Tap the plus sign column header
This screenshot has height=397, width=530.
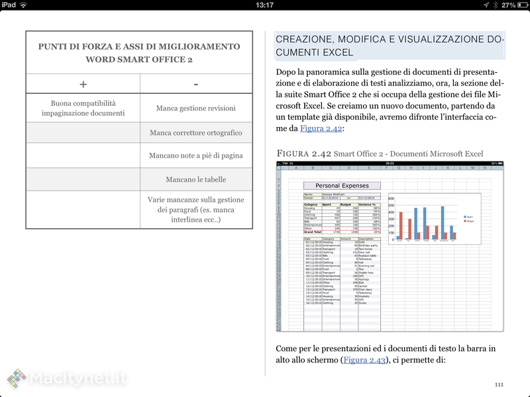[83, 84]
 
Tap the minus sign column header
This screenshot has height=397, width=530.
[196, 84]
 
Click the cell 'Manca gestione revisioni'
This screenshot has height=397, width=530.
[196, 108]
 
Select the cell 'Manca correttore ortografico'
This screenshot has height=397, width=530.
[196, 132]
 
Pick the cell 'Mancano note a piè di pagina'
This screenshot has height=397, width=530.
[196, 155]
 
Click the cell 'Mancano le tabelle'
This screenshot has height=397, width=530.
[196, 179]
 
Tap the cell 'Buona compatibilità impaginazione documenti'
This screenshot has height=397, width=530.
[83, 108]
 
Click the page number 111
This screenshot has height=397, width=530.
[499, 384]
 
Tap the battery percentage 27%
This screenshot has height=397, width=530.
[508, 5]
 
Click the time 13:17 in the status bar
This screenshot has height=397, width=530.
[264, 5]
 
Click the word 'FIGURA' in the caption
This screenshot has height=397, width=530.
[295, 154]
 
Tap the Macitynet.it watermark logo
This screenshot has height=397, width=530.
[66, 378]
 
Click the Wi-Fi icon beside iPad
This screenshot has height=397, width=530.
[24, 5]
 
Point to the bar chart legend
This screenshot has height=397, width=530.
[469, 218]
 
